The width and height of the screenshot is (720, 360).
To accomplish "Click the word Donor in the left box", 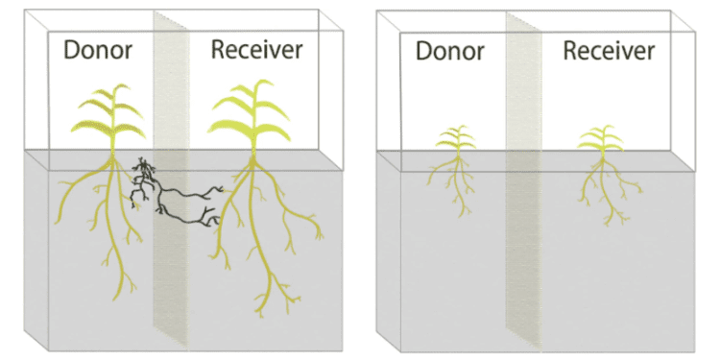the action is (x=98, y=50).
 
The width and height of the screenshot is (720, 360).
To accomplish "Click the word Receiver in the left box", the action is (x=257, y=50).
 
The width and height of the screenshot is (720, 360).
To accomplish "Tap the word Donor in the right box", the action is (x=450, y=51).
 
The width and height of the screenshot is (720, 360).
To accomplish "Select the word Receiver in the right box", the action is (x=610, y=51).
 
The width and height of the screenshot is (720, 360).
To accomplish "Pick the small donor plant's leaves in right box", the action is (x=455, y=138).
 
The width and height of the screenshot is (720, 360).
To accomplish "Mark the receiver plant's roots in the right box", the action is (x=604, y=188).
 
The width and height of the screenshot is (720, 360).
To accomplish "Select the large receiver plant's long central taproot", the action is (x=257, y=239).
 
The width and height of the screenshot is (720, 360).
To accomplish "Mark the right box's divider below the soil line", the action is (x=523, y=252).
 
